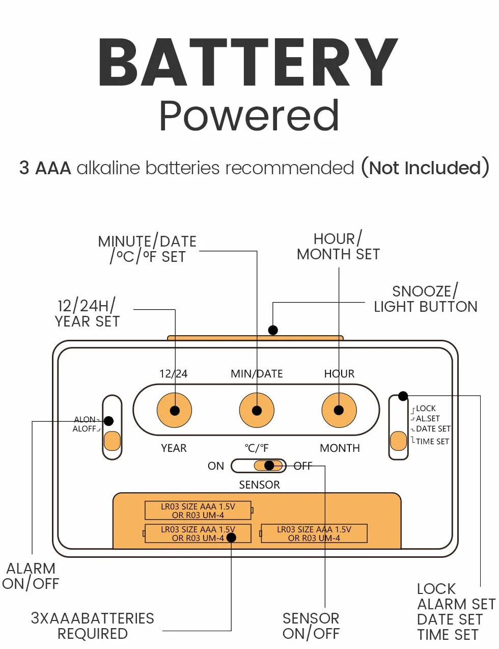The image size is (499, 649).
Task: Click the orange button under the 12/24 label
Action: (174, 411)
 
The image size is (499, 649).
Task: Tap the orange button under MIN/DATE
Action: (257, 411)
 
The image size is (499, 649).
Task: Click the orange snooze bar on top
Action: (255, 338)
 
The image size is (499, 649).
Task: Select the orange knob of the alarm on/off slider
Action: (112, 441)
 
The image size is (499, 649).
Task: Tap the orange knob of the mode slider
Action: (398, 441)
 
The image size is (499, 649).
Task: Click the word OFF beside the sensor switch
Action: (303, 466)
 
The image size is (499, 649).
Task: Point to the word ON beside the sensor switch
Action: (216, 466)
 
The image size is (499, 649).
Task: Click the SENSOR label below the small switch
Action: (259, 485)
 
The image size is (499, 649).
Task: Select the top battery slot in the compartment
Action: (199, 510)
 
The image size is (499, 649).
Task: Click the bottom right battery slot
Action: (314, 533)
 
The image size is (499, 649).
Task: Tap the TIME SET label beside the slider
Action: (432, 442)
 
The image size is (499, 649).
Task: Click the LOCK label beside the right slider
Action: (426, 408)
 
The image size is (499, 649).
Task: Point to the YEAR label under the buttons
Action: (174, 448)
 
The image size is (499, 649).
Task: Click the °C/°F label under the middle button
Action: (257, 448)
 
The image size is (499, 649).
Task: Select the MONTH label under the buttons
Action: (340, 448)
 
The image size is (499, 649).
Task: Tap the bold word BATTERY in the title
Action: (248, 62)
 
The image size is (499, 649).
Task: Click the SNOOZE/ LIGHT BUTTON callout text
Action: (426, 299)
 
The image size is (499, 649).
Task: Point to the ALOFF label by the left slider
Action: (85, 429)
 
